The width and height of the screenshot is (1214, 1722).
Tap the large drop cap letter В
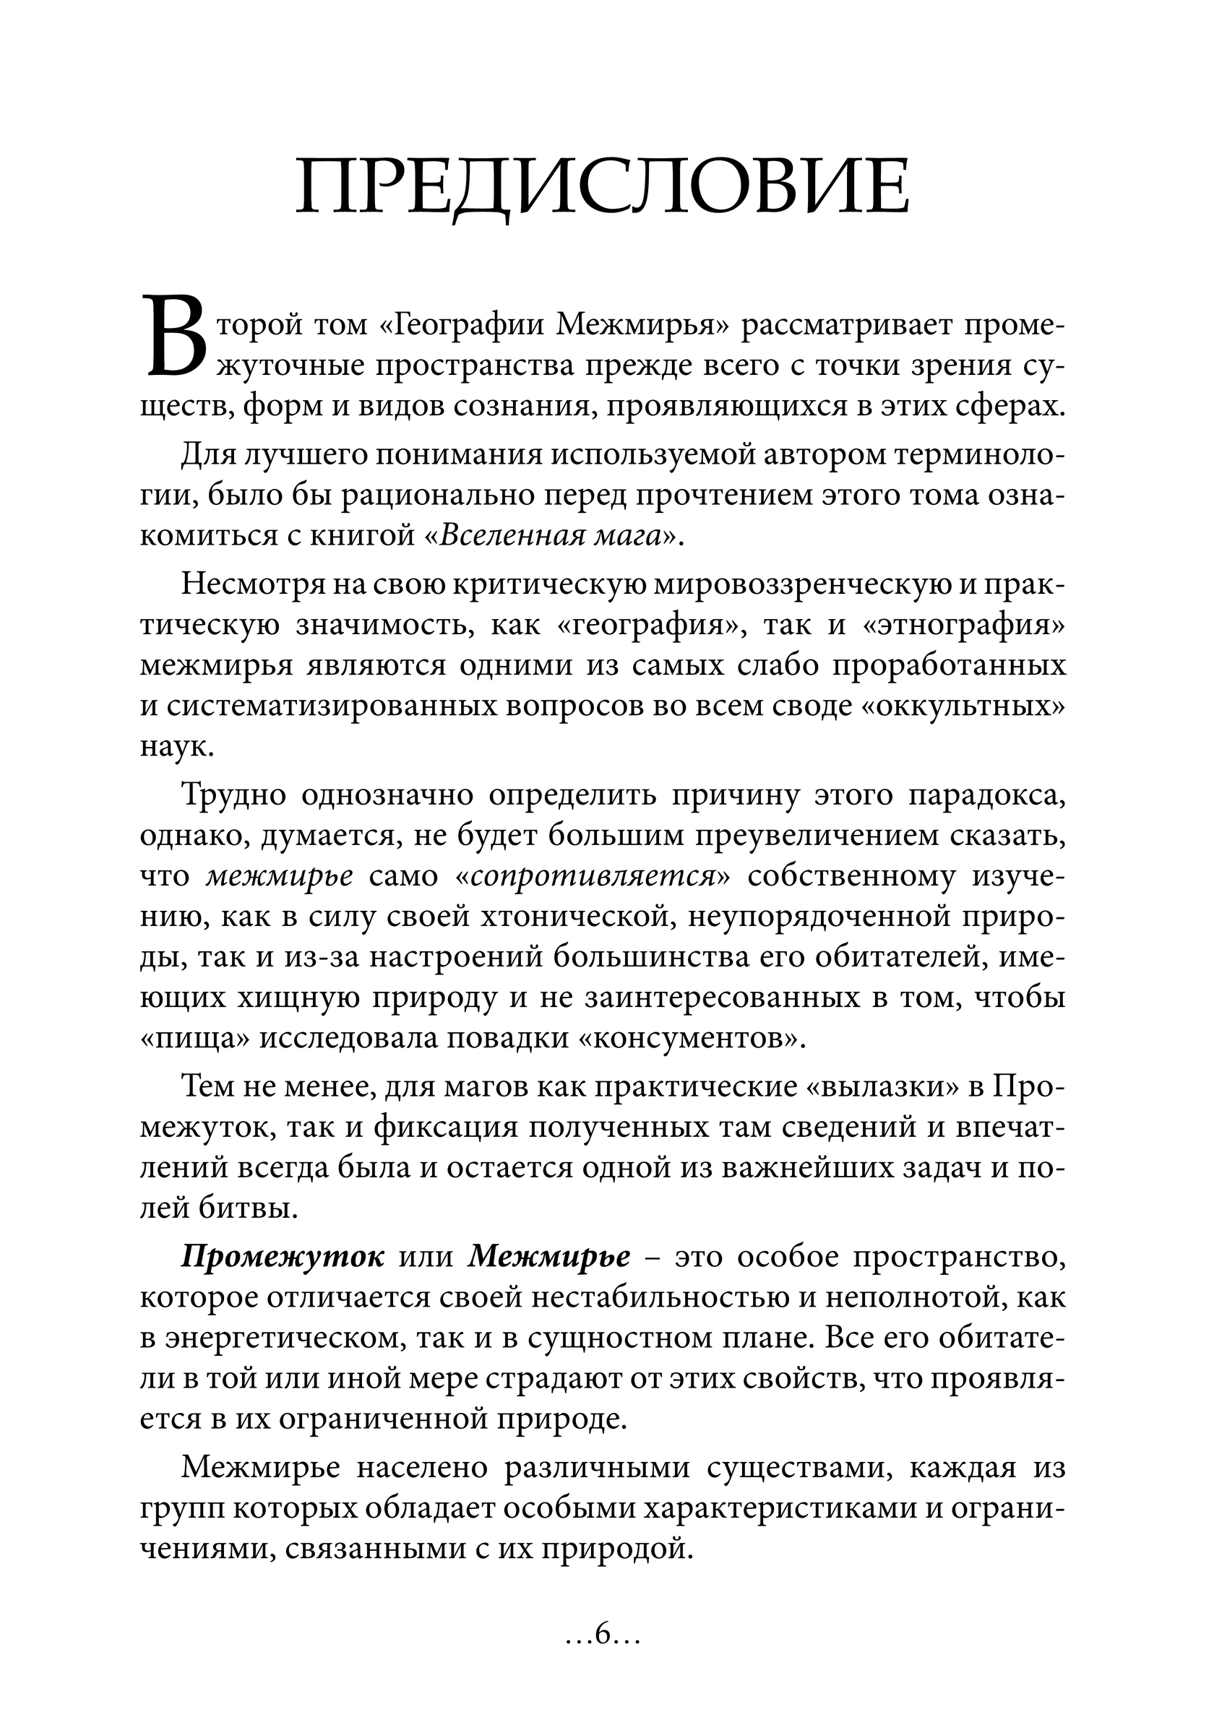[x=174, y=337]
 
